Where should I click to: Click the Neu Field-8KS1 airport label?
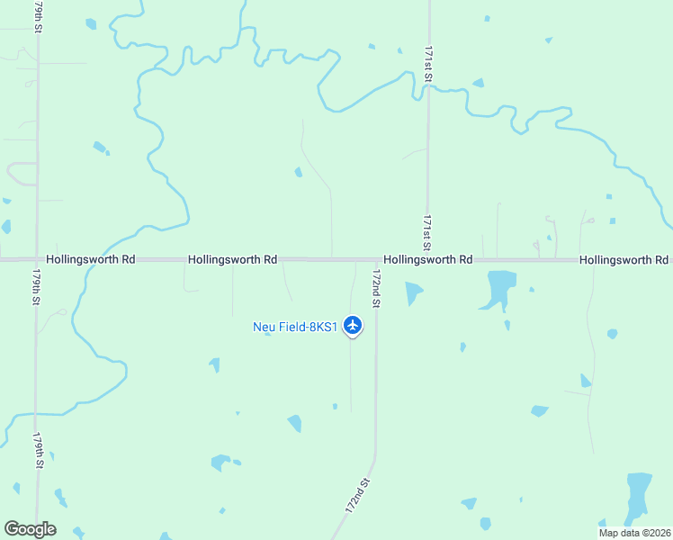coord(294,327)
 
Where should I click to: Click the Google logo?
coord(30,528)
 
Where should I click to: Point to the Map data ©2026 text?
coord(634,532)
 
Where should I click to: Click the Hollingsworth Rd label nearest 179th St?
coord(91,259)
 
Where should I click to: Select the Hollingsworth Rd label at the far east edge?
coord(624,259)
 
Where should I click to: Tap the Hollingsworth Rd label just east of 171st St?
coord(428,259)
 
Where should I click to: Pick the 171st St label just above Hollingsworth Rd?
coord(428,231)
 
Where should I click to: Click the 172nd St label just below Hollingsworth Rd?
coord(377,288)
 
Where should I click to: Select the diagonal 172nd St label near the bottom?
coord(358,496)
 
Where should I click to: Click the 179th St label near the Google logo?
coord(39,450)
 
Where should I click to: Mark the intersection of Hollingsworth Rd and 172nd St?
coord(375,260)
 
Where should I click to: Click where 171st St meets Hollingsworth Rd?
coord(427,260)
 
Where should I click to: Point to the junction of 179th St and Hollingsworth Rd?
coord(37,260)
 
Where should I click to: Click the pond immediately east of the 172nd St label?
coord(413,292)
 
